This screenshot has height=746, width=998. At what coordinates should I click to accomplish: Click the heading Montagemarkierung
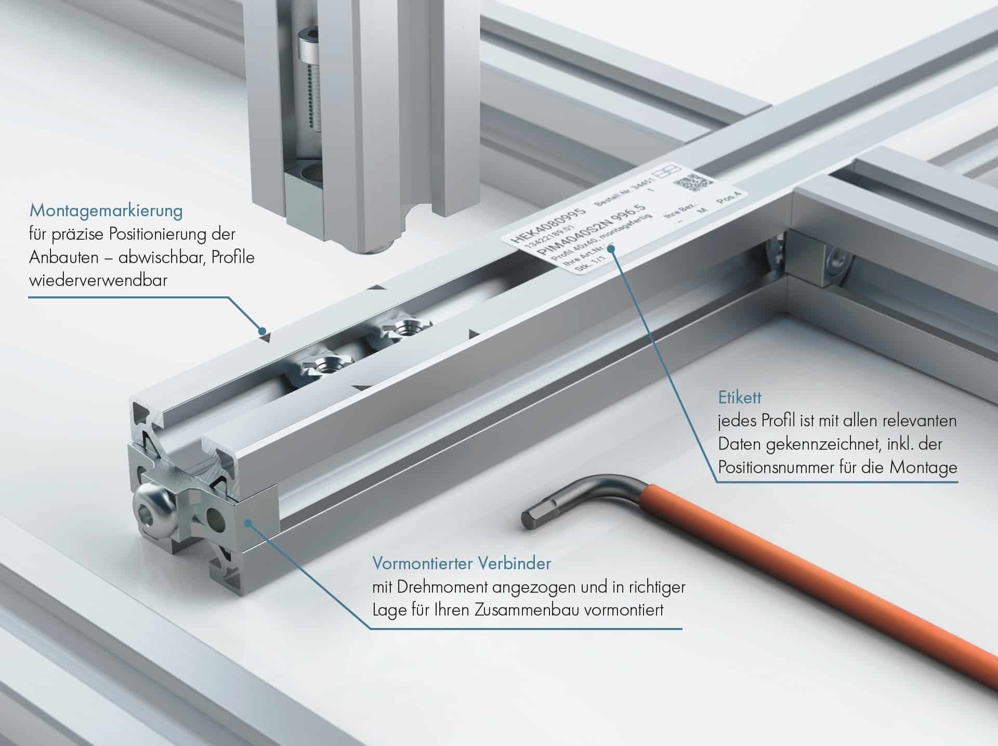tap(106, 211)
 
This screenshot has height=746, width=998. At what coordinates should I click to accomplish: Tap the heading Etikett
tap(740, 398)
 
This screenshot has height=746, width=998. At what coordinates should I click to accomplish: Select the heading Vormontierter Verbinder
tap(462, 563)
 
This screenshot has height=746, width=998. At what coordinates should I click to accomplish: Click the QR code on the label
tap(692, 183)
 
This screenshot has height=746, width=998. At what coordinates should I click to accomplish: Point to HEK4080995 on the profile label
tap(548, 226)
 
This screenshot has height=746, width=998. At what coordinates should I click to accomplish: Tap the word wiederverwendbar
tap(98, 281)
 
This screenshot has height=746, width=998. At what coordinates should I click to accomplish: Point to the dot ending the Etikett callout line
tap(612, 249)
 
